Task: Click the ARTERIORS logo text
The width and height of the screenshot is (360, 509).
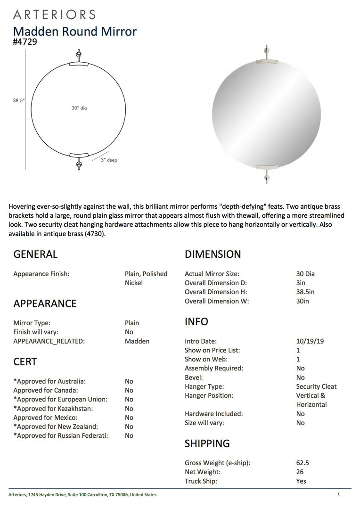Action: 54,15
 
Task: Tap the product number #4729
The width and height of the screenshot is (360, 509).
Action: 25,41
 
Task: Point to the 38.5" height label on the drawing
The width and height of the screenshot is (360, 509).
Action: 19,100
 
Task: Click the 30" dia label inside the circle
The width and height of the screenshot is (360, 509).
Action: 79,108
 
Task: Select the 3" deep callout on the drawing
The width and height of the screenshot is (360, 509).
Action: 109,160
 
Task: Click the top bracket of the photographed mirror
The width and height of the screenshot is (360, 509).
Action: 267,61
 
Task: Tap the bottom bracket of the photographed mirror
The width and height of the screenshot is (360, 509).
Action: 267,165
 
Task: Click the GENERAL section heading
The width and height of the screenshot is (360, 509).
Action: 35,254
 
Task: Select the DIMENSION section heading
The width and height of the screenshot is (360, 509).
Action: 213,254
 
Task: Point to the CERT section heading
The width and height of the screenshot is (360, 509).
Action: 25,362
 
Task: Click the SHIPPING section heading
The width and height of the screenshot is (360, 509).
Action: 207,443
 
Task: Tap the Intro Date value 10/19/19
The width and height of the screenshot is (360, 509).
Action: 310,341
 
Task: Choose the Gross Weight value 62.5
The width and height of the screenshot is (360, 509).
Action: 303,463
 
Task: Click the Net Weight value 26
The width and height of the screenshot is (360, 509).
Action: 300,472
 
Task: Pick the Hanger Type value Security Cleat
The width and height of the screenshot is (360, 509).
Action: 316,386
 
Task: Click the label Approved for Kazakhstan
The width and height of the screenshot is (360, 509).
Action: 53,409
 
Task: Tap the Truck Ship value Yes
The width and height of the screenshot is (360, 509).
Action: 301,481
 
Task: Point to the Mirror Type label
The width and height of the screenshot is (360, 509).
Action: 32,323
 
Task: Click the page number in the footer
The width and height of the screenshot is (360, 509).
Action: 338,494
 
